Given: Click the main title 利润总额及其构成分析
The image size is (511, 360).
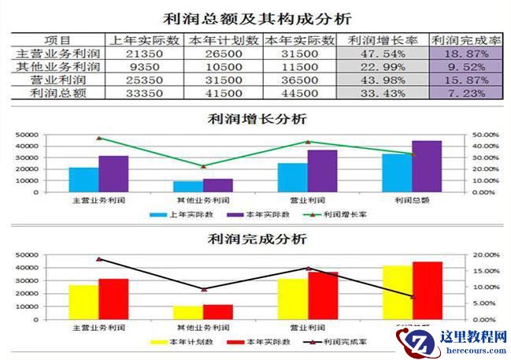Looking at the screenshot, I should [255, 17].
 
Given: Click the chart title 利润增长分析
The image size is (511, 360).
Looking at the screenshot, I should [255, 119].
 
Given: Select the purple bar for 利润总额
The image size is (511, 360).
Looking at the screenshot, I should [427, 166].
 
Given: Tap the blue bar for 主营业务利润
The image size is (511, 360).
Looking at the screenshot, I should [84, 180].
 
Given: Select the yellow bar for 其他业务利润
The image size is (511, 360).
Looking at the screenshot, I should [188, 313].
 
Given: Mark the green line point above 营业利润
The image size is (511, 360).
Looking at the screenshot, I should [308, 142].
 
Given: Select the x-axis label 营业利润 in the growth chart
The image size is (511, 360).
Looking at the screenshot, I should [308, 200].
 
